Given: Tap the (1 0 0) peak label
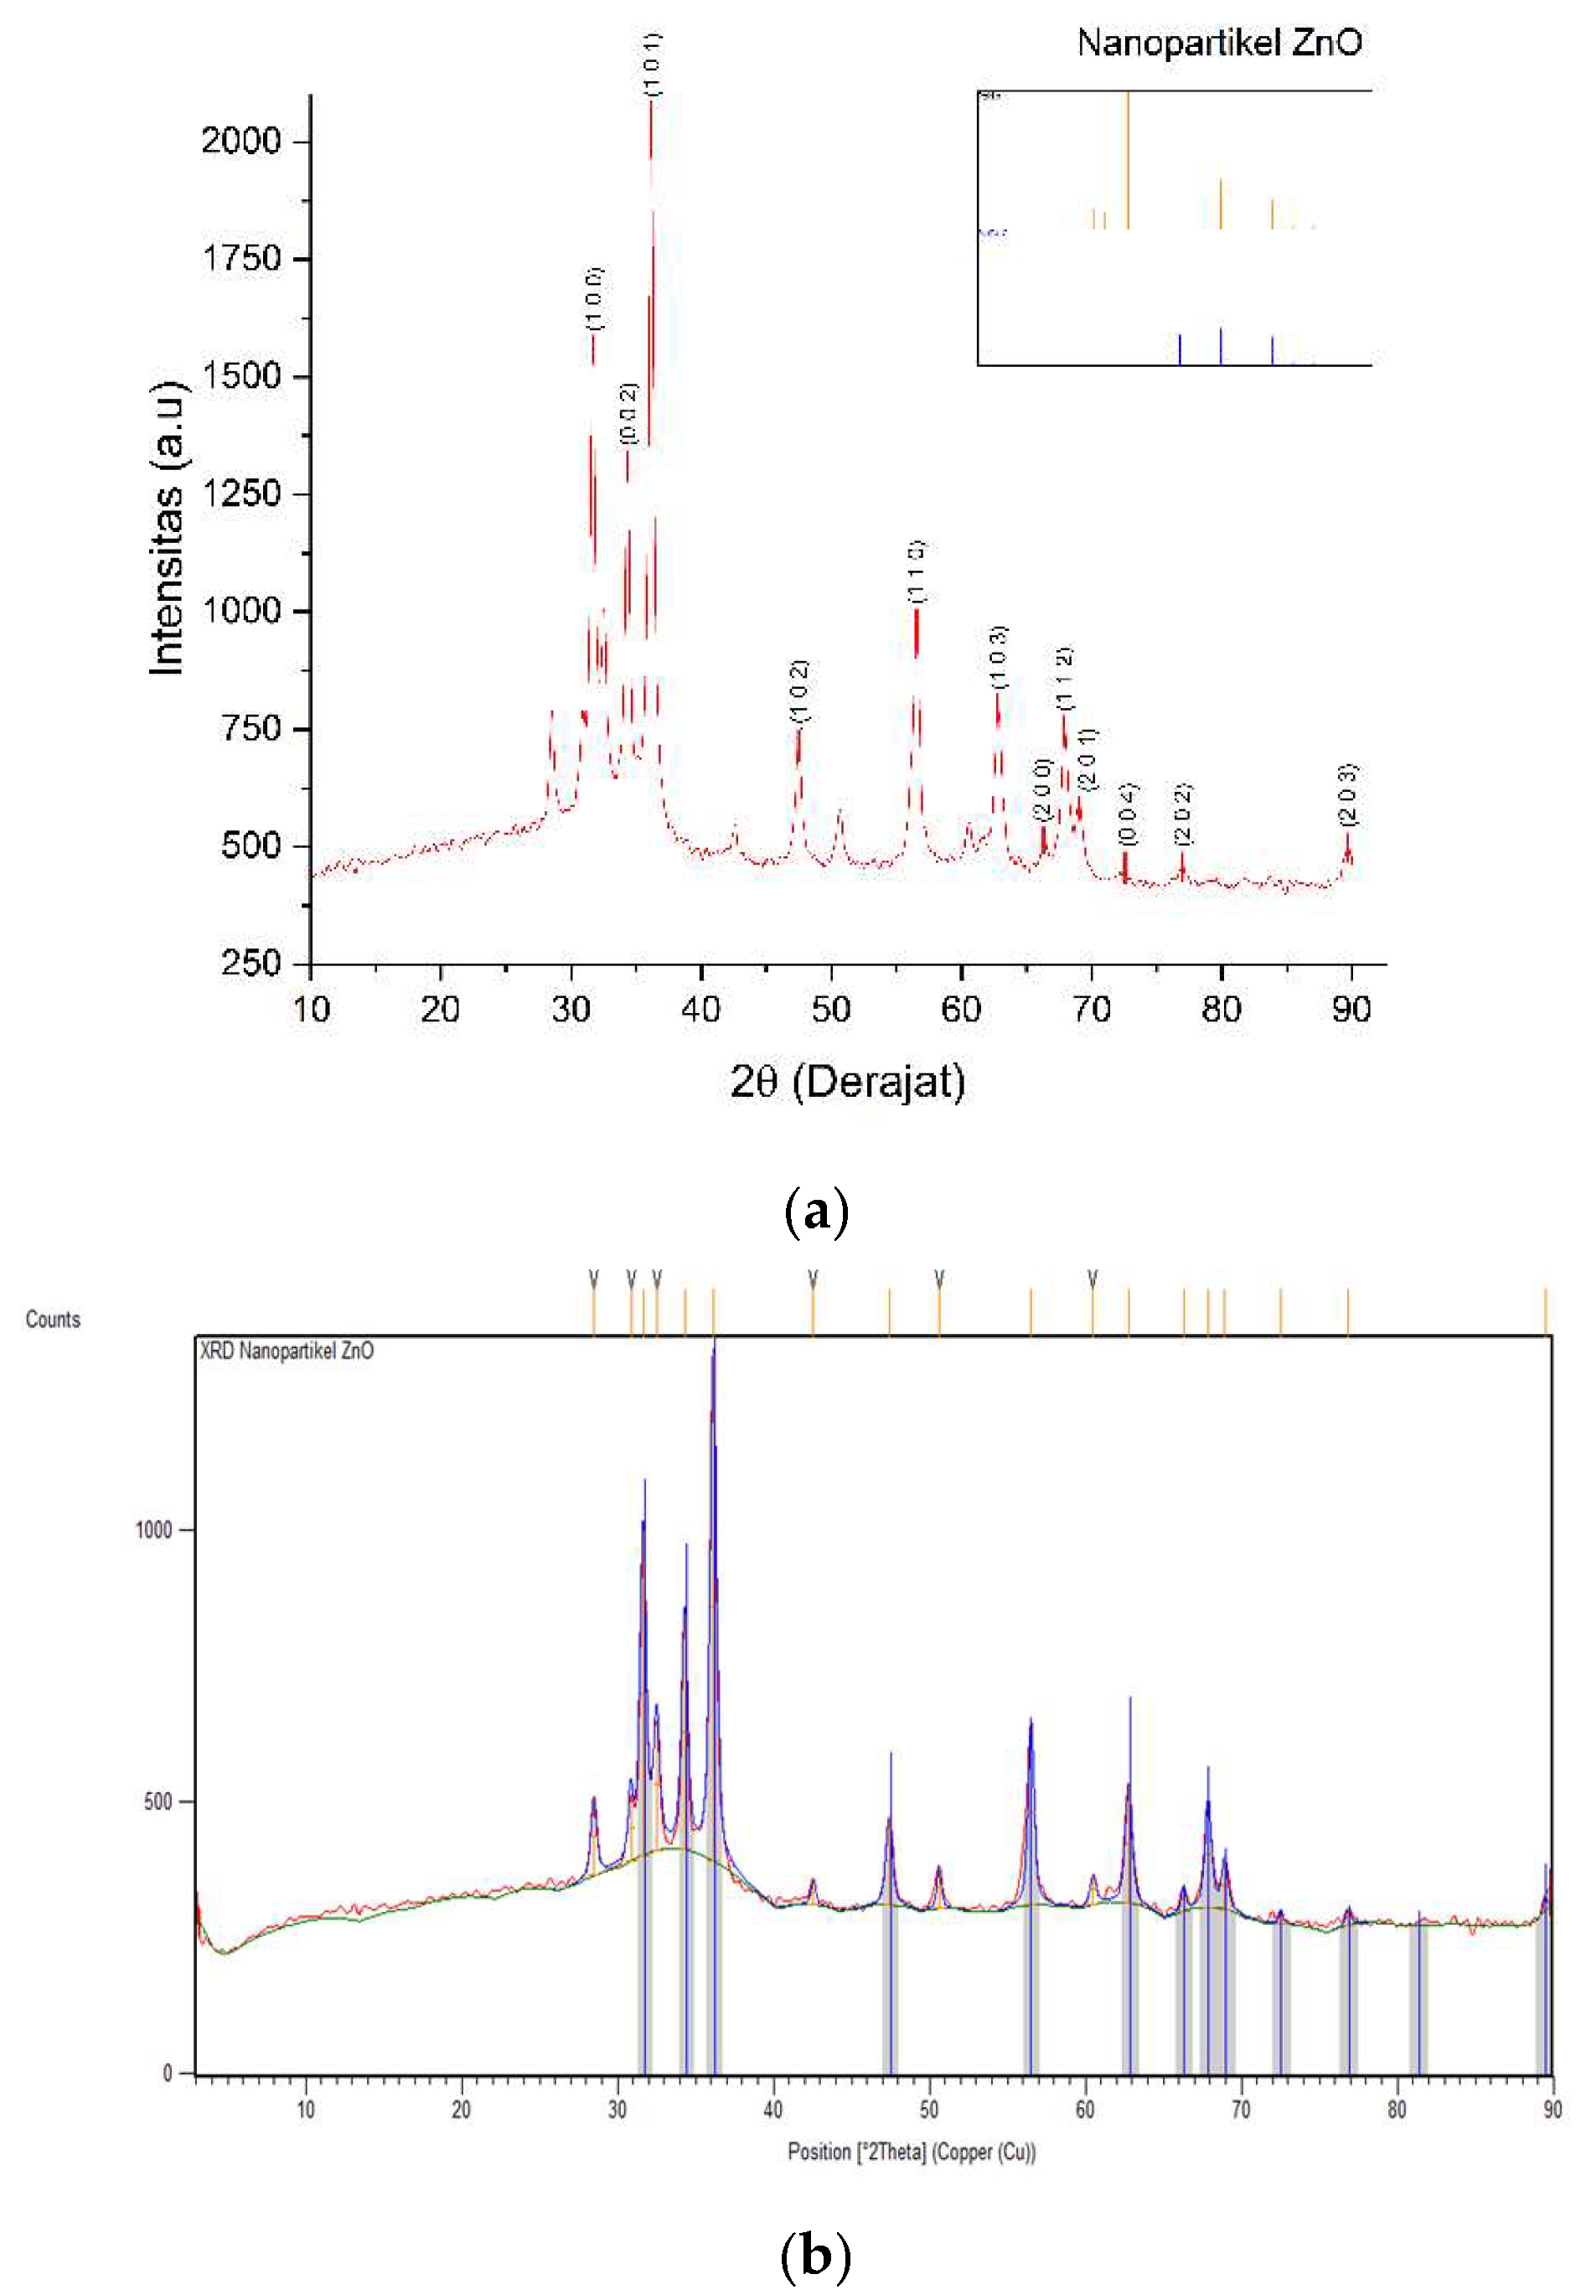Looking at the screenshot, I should (x=594, y=298).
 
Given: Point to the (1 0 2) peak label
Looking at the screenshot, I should (x=799, y=690).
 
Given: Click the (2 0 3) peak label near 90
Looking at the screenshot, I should (x=1347, y=795).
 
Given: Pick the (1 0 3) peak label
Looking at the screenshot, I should (x=999, y=657).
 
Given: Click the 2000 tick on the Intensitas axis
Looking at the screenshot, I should (x=241, y=141).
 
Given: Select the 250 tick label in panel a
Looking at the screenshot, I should (x=251, y=962).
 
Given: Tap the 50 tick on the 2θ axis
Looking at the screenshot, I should (x=830, y=1010).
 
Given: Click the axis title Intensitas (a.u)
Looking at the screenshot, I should (x=168, y=528).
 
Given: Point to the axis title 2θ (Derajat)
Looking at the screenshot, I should (x=847, y=1081).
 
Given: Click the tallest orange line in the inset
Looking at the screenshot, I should (x=1126, y=158).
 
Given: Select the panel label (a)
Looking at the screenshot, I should (x=815, y=1211).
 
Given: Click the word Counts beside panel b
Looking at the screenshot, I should (x=53, y=1320).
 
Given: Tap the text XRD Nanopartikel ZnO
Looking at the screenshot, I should (x=287, y=1351).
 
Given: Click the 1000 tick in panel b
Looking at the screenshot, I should (x=153, y=1530).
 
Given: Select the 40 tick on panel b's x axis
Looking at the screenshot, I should (x=772, y=2110).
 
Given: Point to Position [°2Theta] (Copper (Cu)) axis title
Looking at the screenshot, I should (x=912, y=2153).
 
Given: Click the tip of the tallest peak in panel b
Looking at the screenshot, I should (x=713, y=1339).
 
